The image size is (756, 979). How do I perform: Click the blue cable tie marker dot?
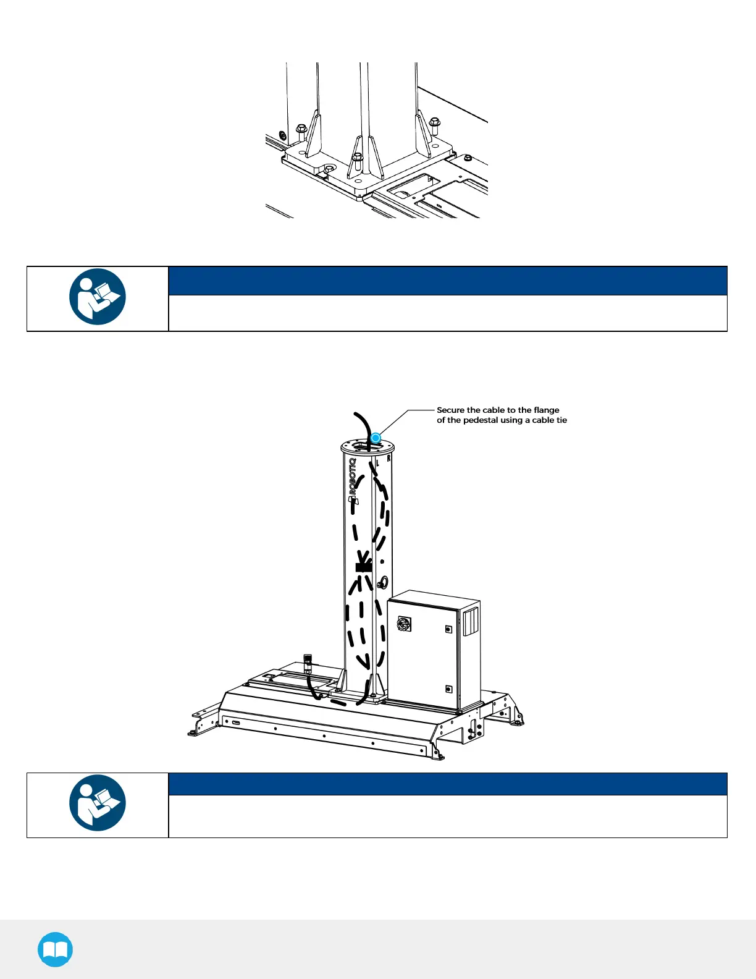click(x=376, y=438)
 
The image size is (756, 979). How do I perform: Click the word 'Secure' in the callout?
click(x=451, y=410)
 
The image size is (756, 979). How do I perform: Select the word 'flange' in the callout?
click(x=546, y=410)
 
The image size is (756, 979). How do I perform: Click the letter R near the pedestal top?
click(x=388, y=459)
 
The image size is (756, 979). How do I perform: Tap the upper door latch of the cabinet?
click(x=448, y=629)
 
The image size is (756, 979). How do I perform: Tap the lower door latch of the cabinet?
click(x=448, y=689)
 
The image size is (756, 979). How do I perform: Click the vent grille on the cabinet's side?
click(x=471, y=621)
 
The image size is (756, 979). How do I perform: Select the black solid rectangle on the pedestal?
click(x=364, y=566)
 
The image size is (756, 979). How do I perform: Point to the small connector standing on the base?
click(x=308, y=663)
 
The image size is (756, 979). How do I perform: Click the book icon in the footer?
click(x=55, y=949)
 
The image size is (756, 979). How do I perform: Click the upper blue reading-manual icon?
click(x=98, y=297)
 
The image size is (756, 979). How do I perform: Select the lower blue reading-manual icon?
click(x=98, y=803)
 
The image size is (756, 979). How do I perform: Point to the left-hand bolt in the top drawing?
click(x=301, y=132)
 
